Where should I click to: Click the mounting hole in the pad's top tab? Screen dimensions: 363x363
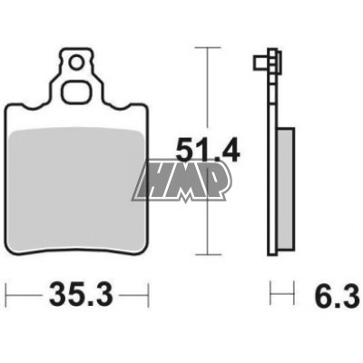(x=78, y=63)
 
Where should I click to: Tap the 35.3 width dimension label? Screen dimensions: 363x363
(x=76, y=295)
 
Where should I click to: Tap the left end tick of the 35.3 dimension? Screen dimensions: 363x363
(x=7, y=295)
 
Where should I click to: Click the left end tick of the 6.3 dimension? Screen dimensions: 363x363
(x=270, y=295)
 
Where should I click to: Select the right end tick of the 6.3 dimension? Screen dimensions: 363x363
(x=295, y=295)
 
